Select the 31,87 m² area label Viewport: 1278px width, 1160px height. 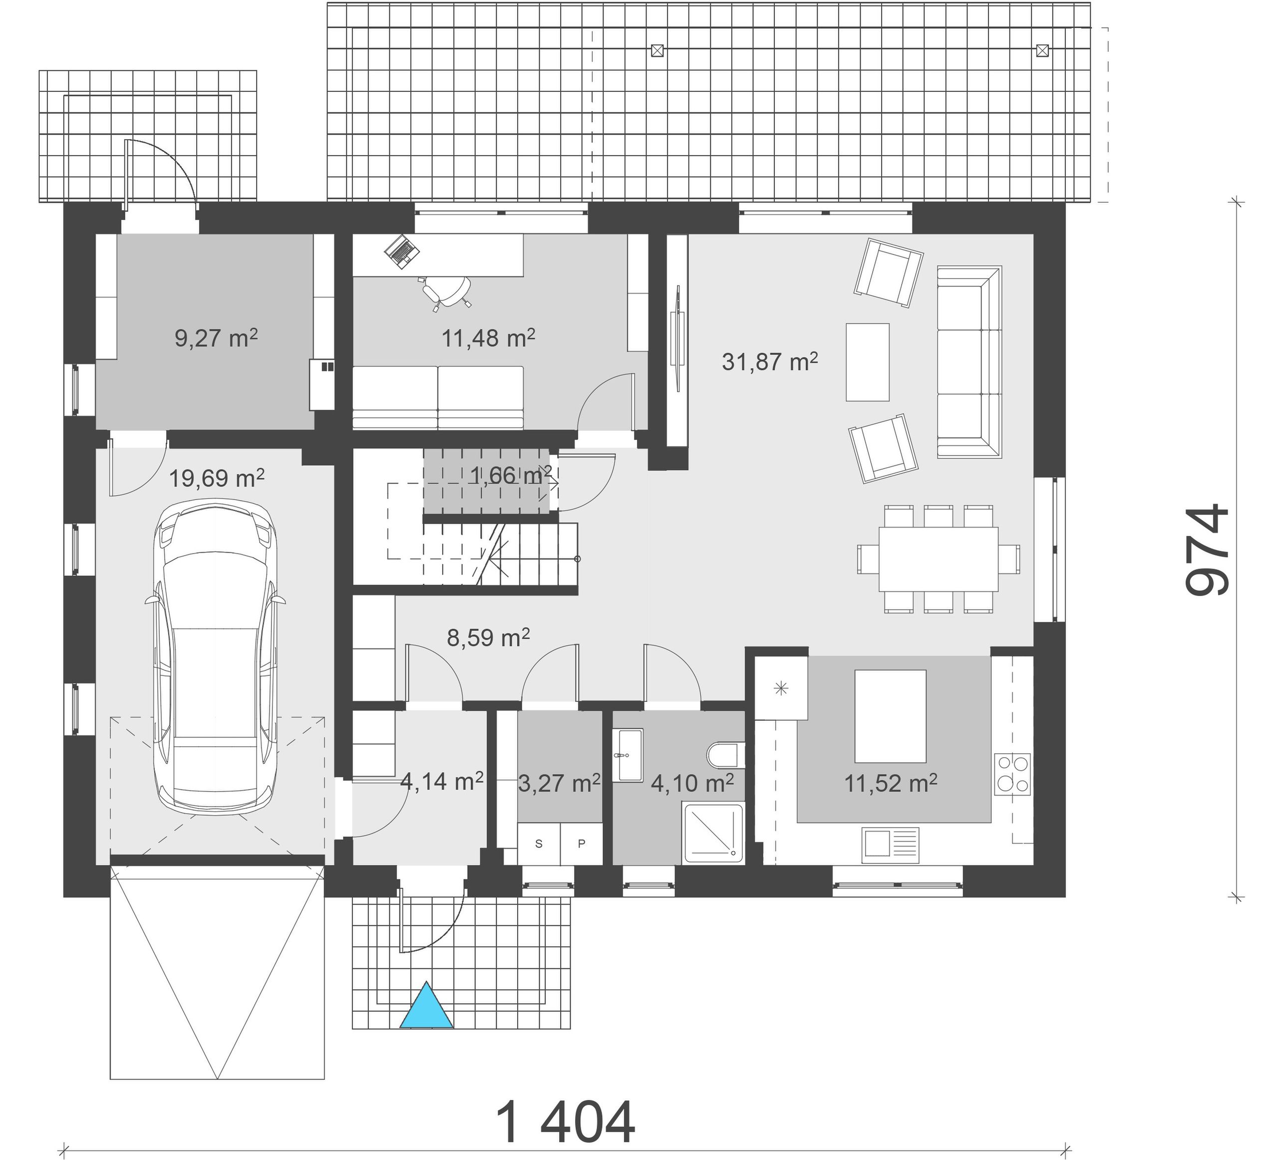click(770, 361)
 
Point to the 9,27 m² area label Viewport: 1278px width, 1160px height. click(216, 337)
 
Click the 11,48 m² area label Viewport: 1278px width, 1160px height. click(488, 337)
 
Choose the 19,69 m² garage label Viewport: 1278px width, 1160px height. click(217, 477)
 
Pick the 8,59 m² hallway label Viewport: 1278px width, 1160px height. click(488, 637)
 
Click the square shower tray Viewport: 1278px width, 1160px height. click(712, 833)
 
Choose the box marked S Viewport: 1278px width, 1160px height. click(539, 844)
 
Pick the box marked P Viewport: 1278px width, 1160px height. click(581, 844)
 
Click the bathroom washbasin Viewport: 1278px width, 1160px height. click(628, 755)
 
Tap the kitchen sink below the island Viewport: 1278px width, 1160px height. click(890, 846)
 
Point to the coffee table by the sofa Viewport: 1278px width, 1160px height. click(867, 362)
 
